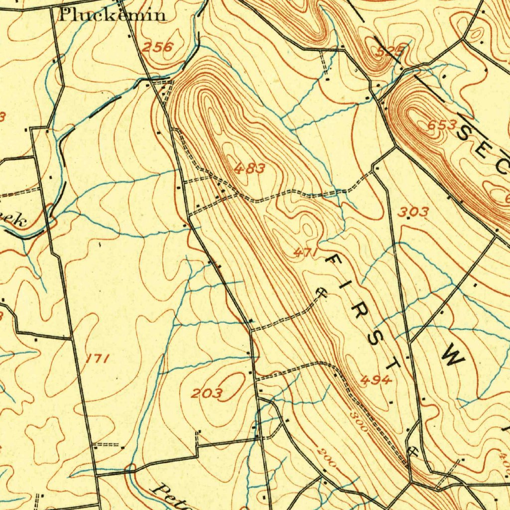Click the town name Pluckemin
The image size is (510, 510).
(113, 14)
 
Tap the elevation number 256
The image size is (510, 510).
(157, 47)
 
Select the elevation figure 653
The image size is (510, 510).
(442, 126)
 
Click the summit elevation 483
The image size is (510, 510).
(250, 168)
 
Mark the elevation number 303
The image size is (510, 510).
(413, 212)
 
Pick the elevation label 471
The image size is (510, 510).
(305, 253)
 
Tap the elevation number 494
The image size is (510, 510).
(376, 381)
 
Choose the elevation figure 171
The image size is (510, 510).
(97, 358)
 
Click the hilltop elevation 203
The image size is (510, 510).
(207, 394)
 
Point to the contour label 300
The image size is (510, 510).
(358, 421)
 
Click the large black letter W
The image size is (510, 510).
(453, 357)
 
